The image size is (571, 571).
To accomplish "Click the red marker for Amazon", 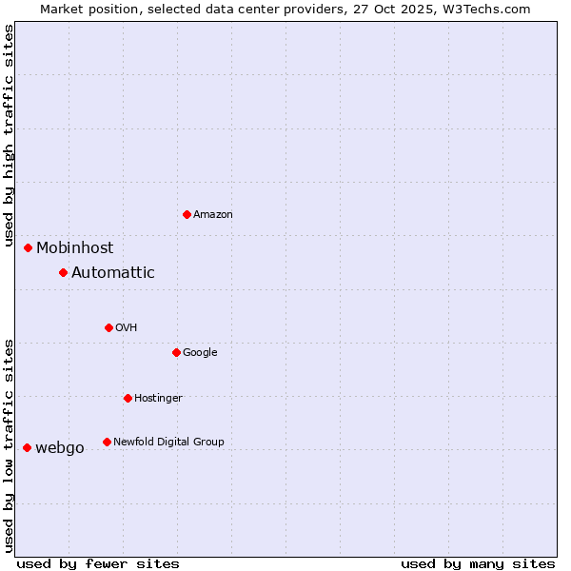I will tap(187, 214).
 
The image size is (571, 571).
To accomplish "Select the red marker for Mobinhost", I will tap(29, 247).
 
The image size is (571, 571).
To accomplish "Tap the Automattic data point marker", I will tap(64, 272).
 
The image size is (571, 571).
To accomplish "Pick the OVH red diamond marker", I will tap(108, 327).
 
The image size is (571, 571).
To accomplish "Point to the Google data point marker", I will tap(176, 352).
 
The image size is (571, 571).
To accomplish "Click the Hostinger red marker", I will tap(128, 398).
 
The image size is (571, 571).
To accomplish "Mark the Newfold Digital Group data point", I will tap(107, 442).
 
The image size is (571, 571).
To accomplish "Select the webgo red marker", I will tap(28, 447).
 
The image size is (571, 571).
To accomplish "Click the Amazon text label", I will tap(213, 215).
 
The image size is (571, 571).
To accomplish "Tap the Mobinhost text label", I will tap(75, 248).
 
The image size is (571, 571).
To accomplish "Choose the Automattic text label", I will tap(113, 273).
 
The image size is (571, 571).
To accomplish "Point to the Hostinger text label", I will tap(158, 398).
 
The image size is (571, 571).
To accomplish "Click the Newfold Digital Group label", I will tap(168, 442).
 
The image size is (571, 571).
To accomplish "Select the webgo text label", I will tap(60, 448).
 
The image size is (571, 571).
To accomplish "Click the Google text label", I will tap(200, 353).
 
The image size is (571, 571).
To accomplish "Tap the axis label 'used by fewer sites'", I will tap(98, 563).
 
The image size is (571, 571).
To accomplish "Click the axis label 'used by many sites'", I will tap(478, 563).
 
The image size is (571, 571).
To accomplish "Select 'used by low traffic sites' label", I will tap(10, 445).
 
